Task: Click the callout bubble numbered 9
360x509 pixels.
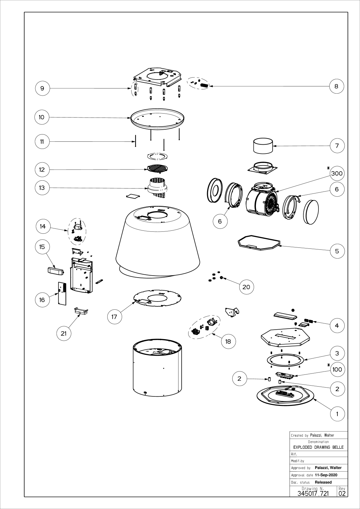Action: tap(42, 88)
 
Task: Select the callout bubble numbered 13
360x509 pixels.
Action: tap(42, 188)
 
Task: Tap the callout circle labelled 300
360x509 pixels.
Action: tap(337, 173)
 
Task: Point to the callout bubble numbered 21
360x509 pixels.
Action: tap(63, 333)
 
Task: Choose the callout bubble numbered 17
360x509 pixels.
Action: tap(114, 317)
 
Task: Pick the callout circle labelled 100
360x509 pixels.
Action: tap(337, 370)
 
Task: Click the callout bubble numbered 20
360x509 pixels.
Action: tap(246, 287)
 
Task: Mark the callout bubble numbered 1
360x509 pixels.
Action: tap(337, 414)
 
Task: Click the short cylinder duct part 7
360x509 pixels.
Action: tap(263, 146)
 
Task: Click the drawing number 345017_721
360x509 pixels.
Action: tap(313, 493)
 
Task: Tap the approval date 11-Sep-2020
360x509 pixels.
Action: tap(326, 475)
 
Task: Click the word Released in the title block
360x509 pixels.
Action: tap(323, 482)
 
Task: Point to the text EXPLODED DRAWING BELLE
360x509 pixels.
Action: tap(318, 447)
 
